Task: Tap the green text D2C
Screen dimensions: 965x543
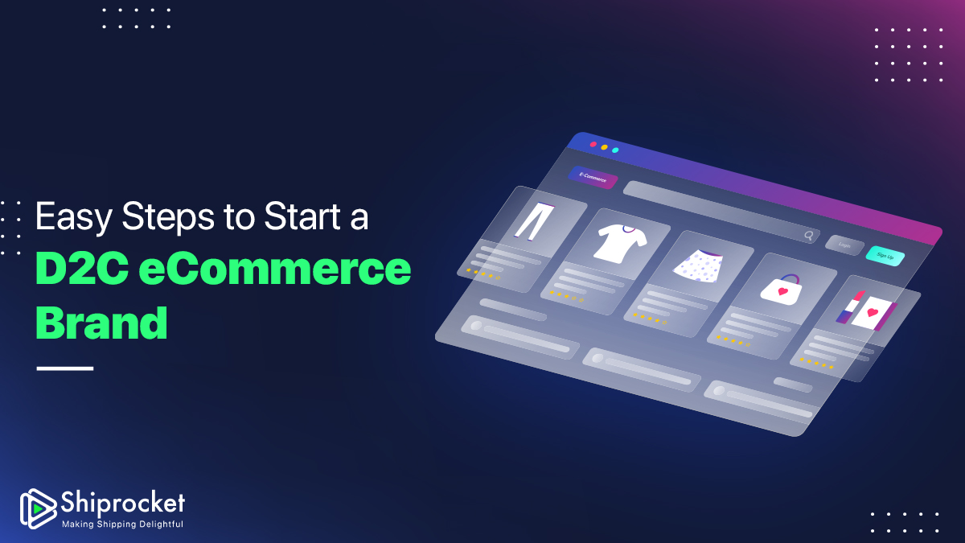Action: [82, 269]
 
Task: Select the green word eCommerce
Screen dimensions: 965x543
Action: [275, 269]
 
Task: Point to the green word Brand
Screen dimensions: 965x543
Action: [101, 323]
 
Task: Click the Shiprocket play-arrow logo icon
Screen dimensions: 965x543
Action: [38, 508]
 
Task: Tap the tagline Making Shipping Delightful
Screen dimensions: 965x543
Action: [123, 524]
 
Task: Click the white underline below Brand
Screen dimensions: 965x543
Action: [65, 368]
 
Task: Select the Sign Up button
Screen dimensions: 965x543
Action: [885, 256]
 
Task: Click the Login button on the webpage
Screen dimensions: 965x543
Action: [844, 245]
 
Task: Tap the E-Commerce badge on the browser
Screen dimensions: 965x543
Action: [593, 177]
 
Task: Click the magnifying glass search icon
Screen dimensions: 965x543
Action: [809, 235]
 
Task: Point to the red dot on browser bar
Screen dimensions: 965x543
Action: [593, 144]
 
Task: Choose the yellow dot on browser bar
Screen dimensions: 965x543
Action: [605, 147]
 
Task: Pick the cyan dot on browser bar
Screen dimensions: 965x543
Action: [616, 150]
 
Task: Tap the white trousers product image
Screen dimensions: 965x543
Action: [535, 221]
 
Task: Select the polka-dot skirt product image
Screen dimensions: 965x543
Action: [698, 266]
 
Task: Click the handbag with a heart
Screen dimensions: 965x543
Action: [782, 290]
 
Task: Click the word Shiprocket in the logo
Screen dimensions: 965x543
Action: [123, 503]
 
